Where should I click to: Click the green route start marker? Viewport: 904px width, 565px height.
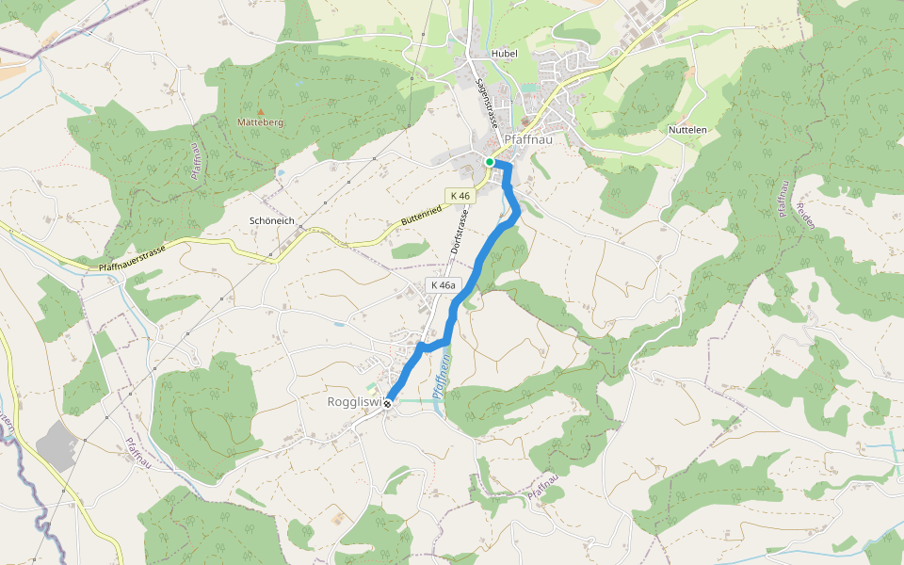pyautogui.click(x=490, y=162)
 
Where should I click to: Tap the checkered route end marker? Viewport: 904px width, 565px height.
pyautogui.click(x=387, y=403)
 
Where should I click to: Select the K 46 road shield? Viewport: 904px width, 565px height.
pyautogui.click(x=460, y=196)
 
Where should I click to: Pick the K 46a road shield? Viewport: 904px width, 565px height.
pyautogui.click(x=443, y=285)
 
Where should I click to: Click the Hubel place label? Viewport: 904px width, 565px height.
pyautogui.click(x=505, y=54)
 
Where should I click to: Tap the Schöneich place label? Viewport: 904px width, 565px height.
pyautogui.click(x=272, y=220)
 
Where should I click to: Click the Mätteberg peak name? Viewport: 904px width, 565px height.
pyautogui.click(x=261, y=122)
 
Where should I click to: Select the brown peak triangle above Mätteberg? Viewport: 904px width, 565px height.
pyautogui.click(x=261, y=111)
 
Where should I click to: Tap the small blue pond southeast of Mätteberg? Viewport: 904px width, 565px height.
pyautogui.click(x=281, y=173)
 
